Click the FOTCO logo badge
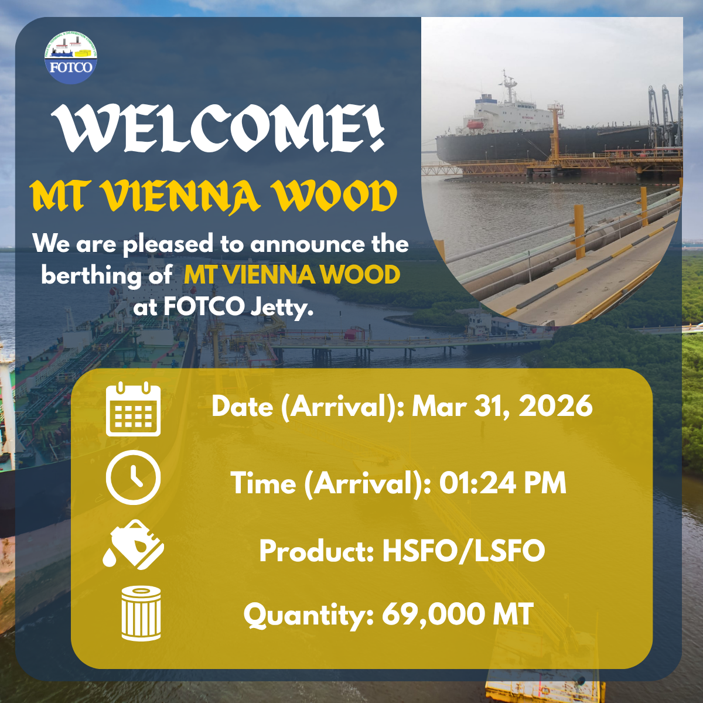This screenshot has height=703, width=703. (x=71, y=57)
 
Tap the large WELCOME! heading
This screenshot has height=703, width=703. (x=218, y=128)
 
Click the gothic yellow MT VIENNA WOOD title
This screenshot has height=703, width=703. (x=213, y=196)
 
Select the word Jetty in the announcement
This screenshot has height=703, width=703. (x=282, y=308)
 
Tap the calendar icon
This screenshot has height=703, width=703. (x=133, y=409)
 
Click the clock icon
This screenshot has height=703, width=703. (x=133, y=477)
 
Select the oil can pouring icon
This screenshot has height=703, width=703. (x=133, y=544)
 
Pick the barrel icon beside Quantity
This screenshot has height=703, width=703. (x=141, y=613)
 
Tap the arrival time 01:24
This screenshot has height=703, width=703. (x=478, y=483)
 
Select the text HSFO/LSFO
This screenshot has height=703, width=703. (x=463, y=551)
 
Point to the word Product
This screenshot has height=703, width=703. (x=317, y=551)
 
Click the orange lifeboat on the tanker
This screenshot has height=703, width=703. (x=475, y=125)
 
